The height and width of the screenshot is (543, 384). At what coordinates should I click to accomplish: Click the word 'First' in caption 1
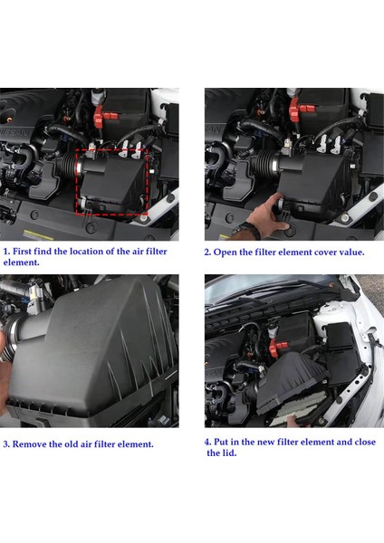pyautogui.click(x=26, y=251)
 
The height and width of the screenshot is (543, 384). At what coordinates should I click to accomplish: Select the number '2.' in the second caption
pyautogui.click(x=208, y=252)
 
